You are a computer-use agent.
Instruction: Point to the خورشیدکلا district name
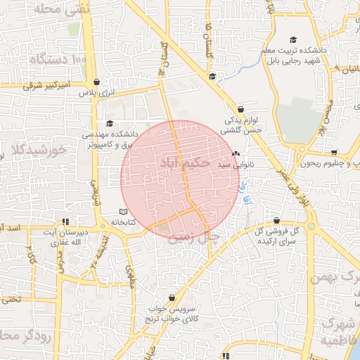click(39, 150)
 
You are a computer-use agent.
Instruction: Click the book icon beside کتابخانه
click(124, 212)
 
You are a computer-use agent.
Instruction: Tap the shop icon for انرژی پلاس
click(96, 82)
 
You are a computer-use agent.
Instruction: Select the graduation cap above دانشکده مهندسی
click(109, 123)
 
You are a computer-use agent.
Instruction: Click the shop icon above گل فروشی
click(276, 221)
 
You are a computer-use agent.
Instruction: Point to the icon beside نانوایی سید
click(236, 153)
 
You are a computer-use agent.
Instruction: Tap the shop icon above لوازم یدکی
click(241, 110)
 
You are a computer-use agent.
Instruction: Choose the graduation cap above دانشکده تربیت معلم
click(293, 40)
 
